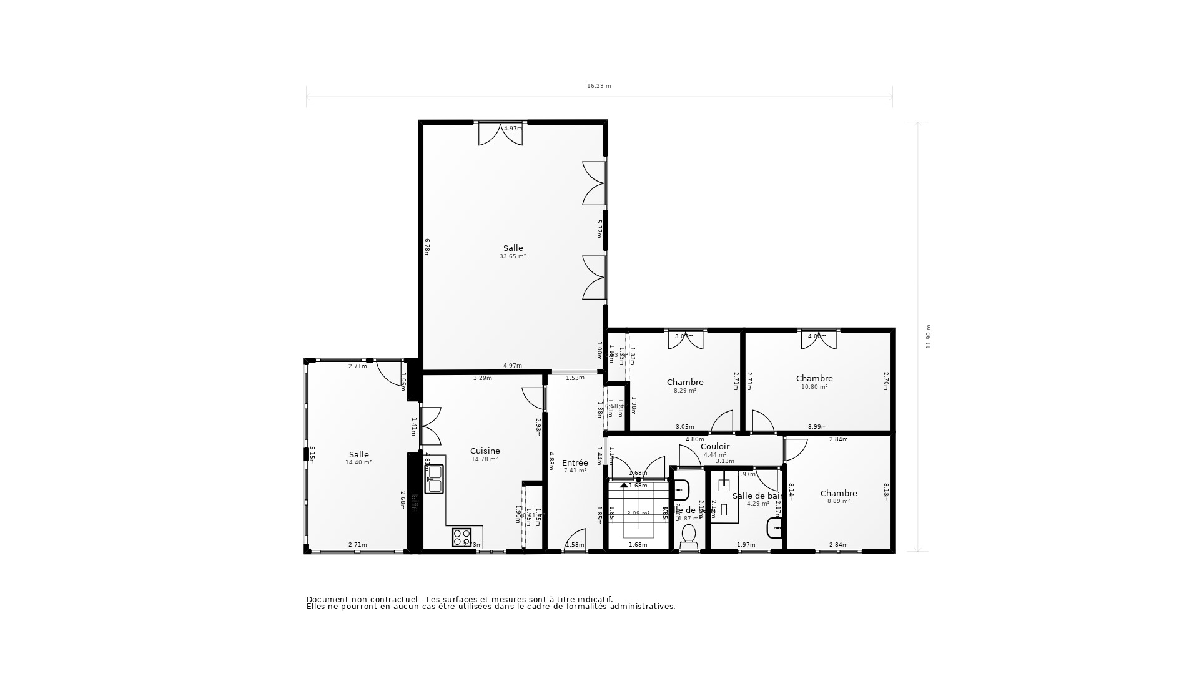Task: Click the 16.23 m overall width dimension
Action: click(x=598, y=86)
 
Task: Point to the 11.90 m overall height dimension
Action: click(x=928, y=336)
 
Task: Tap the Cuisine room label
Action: click(x=485, y=451)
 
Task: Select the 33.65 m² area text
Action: click(x=512, y=256)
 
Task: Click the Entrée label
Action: click(x=575, y=462)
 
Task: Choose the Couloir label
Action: click(x=714, y=446)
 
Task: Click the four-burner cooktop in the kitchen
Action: click(x=462, y=537)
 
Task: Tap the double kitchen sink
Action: click(x=434, y=479)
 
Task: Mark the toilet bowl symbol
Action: click(x=689, y=535)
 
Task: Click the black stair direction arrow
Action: click(x=624, y=484)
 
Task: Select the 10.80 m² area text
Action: click(x=814, y=387)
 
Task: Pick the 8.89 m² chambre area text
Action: click(x=838, y=501)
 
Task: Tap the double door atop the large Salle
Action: click(x=500, y=134)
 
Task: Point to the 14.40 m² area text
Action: click(x=358, y=462)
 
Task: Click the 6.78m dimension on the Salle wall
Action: click(x=427, y=247)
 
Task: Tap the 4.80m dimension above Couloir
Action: click(x=694, y=439)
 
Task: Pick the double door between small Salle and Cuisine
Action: click(x=431, y=426)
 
